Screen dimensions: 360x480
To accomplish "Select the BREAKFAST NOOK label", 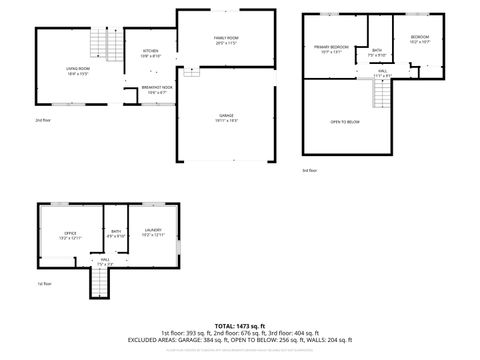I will click(x=155, y=88).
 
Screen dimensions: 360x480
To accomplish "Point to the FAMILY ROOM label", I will click(x=226, y=40).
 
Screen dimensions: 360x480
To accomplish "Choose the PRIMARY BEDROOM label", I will click(x=331, y=48).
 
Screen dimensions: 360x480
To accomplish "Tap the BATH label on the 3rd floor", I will click(x=377, y=52).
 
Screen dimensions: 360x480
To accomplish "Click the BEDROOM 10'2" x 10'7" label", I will click(x=420, y=41).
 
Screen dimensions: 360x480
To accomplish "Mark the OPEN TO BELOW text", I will click(x=345, y=122).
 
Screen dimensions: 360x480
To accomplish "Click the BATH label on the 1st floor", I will click(x=117, y=234).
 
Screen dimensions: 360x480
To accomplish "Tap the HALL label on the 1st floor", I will click(x=105, y=262).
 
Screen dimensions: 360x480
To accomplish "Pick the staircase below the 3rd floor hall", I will click(x=381, y=95).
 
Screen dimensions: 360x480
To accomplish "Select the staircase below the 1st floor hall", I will click(x=98, y=285).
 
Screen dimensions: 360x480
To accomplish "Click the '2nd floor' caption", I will click(x=42, y=119).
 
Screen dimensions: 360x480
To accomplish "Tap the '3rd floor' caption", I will click(x=310, y=171).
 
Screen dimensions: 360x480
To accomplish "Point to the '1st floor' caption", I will click(x=43, y=284).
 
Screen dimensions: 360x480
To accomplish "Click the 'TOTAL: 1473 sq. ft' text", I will click(x=240, y=326).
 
